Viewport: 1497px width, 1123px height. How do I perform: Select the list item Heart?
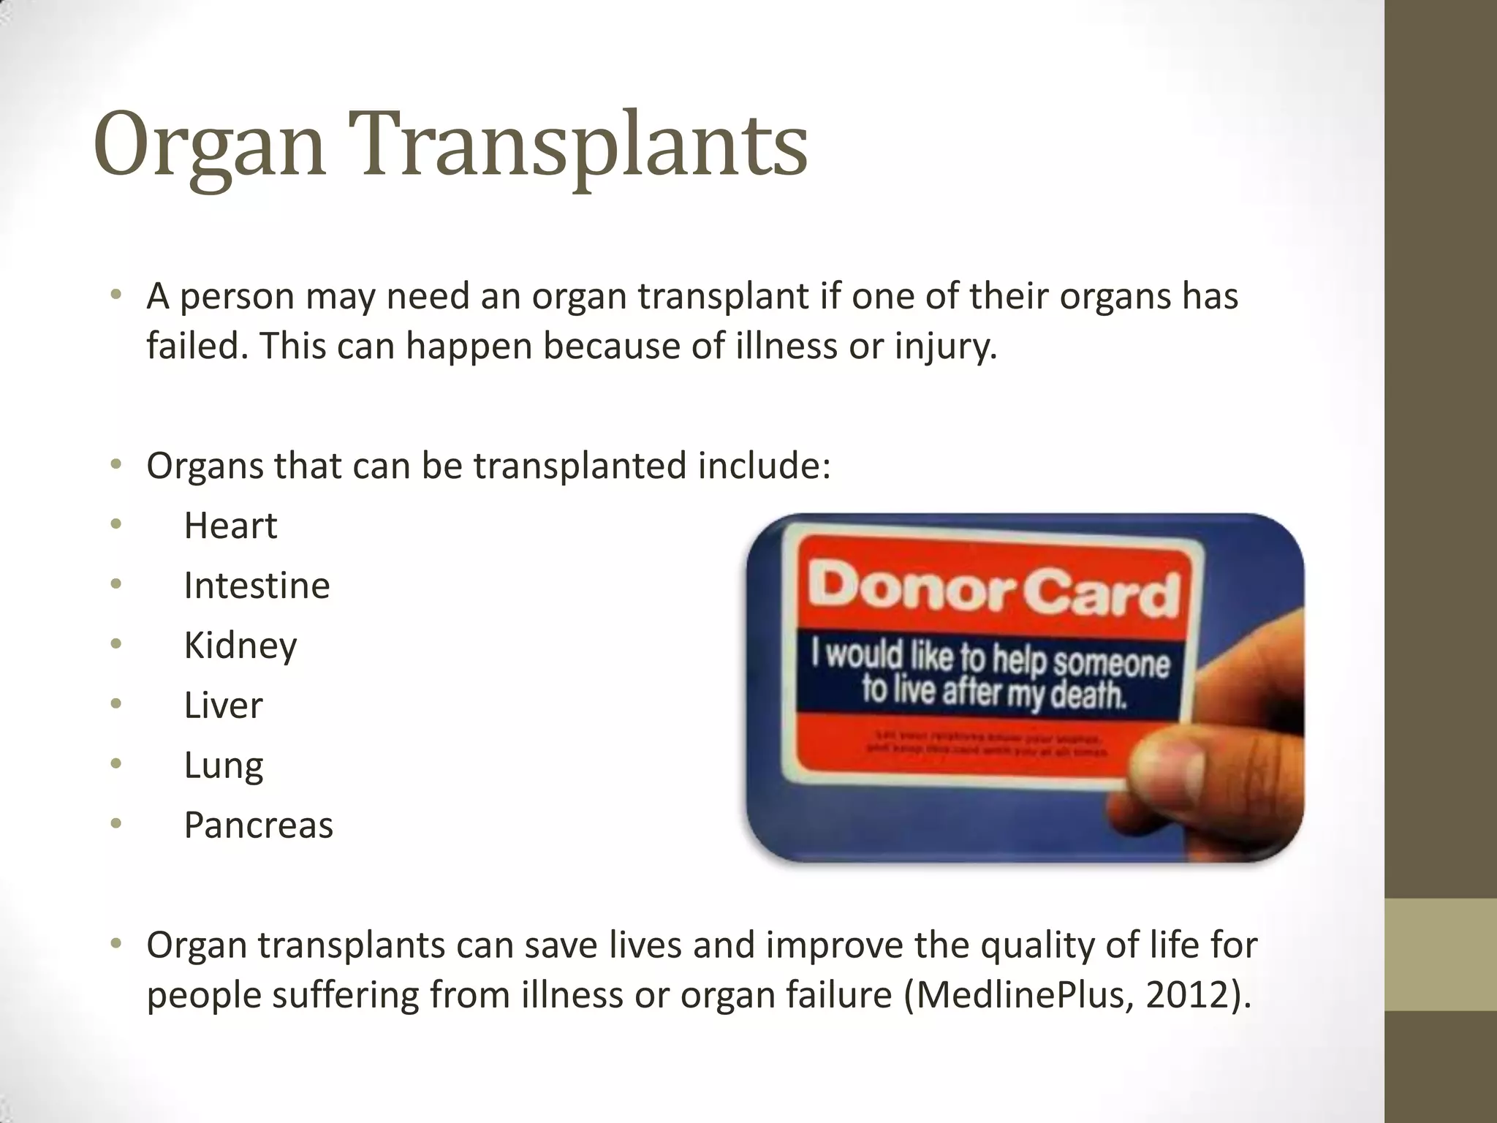(x=230, y=526)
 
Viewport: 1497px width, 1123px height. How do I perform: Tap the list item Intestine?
(x=257, y=586)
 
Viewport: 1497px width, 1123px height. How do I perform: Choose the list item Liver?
(x=223, y=706)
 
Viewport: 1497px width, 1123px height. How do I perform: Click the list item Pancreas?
(x=258, y=825)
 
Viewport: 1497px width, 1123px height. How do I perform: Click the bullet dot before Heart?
(x=115, y=524)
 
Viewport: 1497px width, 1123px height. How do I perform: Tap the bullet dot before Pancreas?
(x=115, y=824)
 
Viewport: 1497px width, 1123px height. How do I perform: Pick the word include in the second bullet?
(x=761, y=466)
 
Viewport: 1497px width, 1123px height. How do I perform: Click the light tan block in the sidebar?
(x=1441, y=955)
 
